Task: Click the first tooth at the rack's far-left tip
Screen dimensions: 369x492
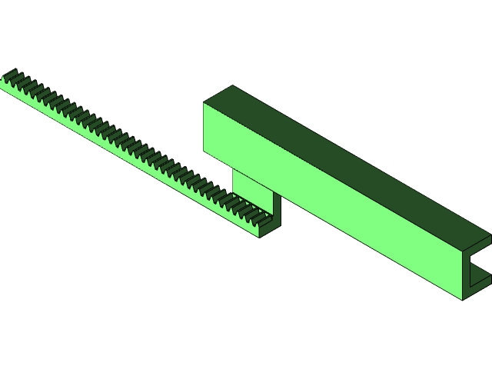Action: (x=9, y=75)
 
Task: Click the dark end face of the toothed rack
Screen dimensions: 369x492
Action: (x=270, y=228)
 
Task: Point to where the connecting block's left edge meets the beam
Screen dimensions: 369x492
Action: (x=233, y=170)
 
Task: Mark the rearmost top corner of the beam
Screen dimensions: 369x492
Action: (x=233, y=85)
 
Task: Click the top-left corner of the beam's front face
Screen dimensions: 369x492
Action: (x=204, y=103)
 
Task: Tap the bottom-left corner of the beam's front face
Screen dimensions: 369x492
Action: (x=204, y=151)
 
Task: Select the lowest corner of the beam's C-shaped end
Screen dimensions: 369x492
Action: (x=462, y=300)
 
